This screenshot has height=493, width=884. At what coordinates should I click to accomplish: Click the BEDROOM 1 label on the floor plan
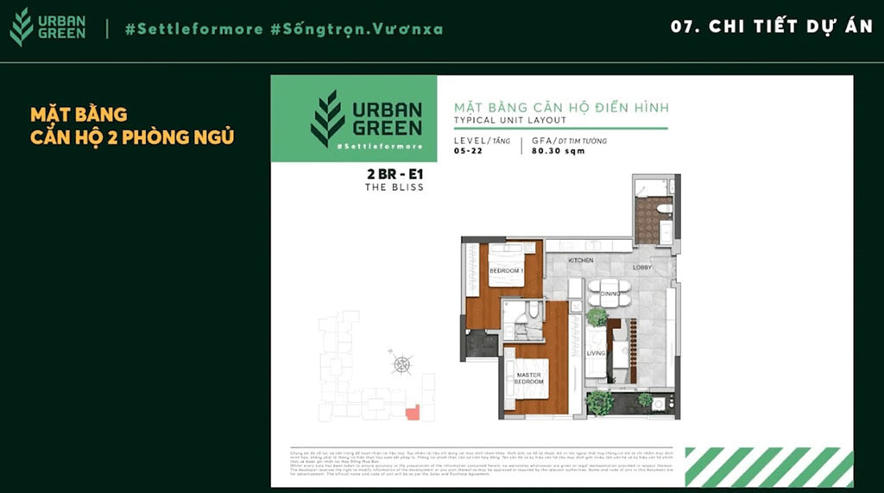(x=506, y=270)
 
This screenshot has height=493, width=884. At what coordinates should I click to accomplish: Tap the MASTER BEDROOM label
(x=528, y=378)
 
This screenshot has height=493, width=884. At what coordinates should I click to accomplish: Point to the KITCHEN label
(x=580, y=260)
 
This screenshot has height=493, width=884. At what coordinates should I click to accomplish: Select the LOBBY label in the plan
(x=642, y=267)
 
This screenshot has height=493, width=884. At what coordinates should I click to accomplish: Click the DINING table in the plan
(x=609, y=293)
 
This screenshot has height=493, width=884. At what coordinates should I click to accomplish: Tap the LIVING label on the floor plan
(x=596, y=352)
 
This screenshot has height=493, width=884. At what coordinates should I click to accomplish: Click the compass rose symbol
(x=401, y=363)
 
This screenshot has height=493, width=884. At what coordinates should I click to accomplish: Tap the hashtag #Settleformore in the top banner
(x=193, y=28)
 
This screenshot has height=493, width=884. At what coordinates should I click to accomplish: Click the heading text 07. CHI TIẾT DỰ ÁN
(x=772, y=27)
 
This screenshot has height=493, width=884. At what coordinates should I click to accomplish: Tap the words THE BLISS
(x=395, y=186)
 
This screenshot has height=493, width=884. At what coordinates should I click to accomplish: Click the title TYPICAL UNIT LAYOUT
(x=510, y=120)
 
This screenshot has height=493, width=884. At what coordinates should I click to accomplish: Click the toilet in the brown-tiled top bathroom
(x=664, y=209)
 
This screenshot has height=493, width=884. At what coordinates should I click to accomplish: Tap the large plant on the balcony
(x=599, y=401)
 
